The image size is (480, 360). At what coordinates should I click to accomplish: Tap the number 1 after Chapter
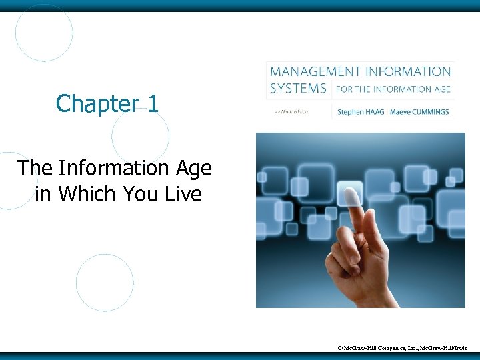pos(153,103)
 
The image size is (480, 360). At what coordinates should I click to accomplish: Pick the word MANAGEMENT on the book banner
pos(312,71)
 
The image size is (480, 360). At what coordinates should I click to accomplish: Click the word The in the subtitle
pos(33,168)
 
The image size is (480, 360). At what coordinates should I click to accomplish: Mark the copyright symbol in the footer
pos(340,348)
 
